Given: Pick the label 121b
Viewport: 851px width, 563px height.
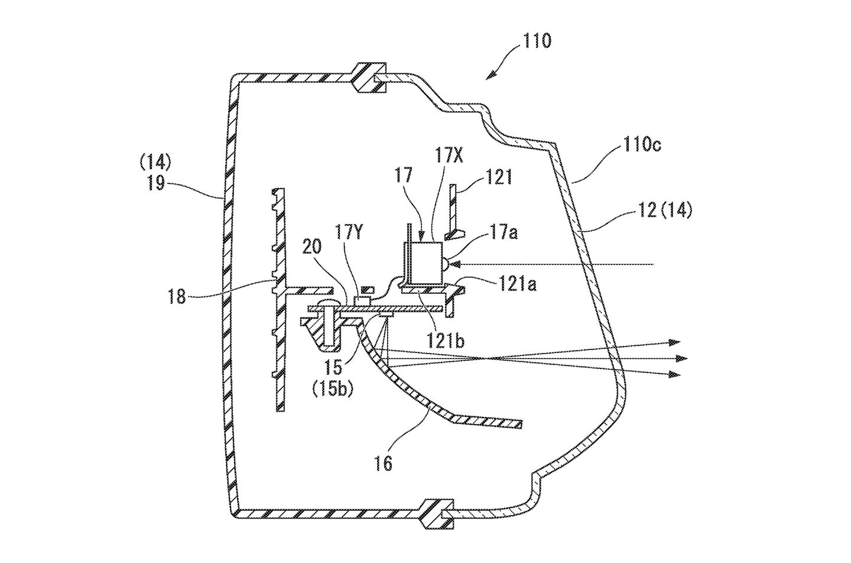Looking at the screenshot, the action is coord(445,341).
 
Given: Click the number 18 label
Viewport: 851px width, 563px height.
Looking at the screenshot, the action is coord(177,296).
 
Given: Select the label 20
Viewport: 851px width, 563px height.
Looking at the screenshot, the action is coord(311,247).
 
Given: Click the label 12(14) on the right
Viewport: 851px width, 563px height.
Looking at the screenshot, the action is coord(665,211).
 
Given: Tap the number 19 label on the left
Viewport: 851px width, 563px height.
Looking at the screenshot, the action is coord(157,184).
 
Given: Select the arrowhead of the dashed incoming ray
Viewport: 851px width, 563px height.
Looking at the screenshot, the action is coord(454,264).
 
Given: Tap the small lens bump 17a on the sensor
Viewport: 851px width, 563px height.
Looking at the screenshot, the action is coord(446,264).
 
